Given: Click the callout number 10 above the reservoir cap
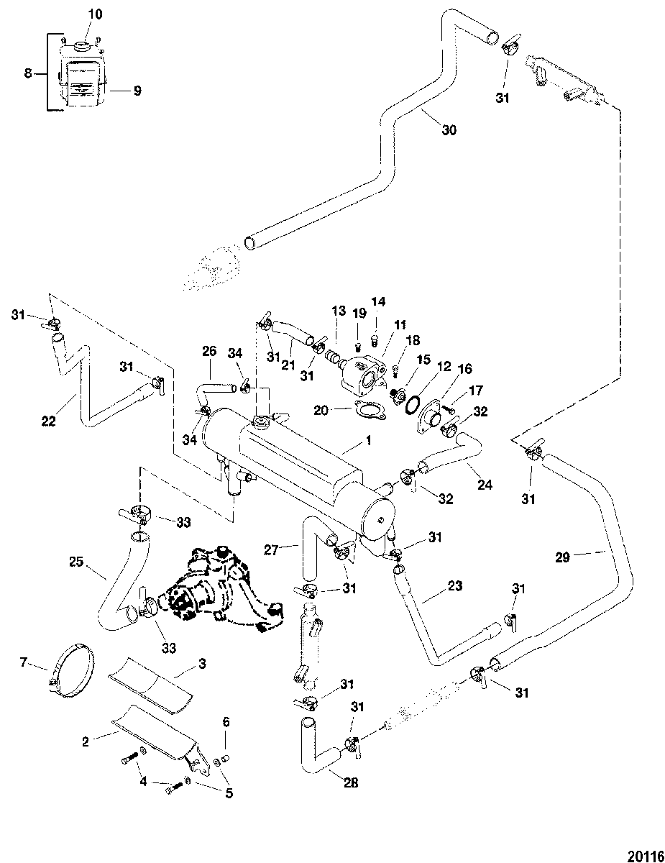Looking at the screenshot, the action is pyautogui.click(x=95, y=14).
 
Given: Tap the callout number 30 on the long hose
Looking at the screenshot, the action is pyautogui.click(x=449, y=130).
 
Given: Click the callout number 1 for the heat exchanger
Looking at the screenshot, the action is pyautogui.click(x=368, y=440).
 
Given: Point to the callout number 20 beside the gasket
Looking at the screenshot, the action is pyautogui.click(x=321, y=410).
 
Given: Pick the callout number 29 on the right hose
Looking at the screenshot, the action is pyautogui.click(x=563, y=557).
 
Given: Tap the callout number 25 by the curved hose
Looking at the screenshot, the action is pyautogui.click(x=76, y=562).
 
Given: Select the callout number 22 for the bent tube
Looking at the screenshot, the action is pyautogui.click(x=49, y=421).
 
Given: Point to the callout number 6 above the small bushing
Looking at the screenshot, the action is pyautogui.click(x=226, y=722).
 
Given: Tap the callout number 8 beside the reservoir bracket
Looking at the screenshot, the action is pyautogui.click(x=27, y=73).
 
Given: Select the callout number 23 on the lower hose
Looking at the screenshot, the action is pyautogui.click(x=455, y=586).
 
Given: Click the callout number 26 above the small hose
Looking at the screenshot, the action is pyautogui.click(x=209, y=351).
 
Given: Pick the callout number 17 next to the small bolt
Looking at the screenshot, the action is pyautogui.click(x=475, y=391).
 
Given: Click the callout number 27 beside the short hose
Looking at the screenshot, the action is pyautogui.click(x=271, y=550).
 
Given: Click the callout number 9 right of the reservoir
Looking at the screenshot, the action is pyautogui.click(x=137, y=91).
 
